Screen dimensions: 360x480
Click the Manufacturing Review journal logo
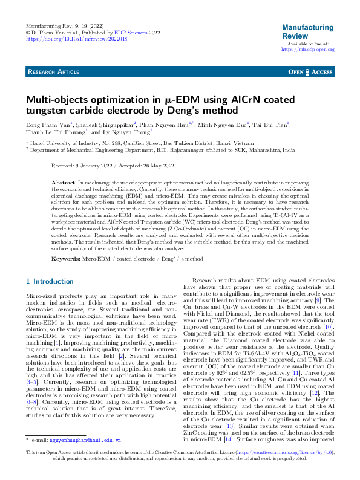click(308, 32)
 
